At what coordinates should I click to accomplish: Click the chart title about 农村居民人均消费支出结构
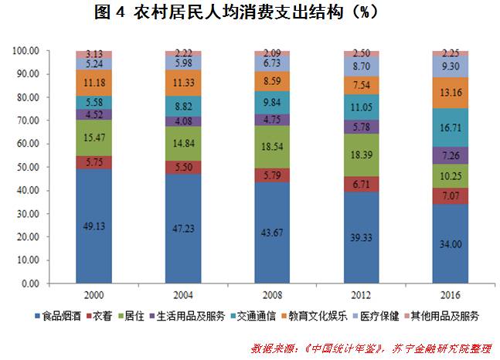click(250, 14)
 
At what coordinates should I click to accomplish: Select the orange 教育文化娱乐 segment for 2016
click(456, 93)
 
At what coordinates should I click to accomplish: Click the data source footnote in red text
click(371, 348)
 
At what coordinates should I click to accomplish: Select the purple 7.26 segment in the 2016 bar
click(456, 155)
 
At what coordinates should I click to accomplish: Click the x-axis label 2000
click(94, 296)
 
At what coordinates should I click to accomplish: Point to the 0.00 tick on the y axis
click(29, 284)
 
